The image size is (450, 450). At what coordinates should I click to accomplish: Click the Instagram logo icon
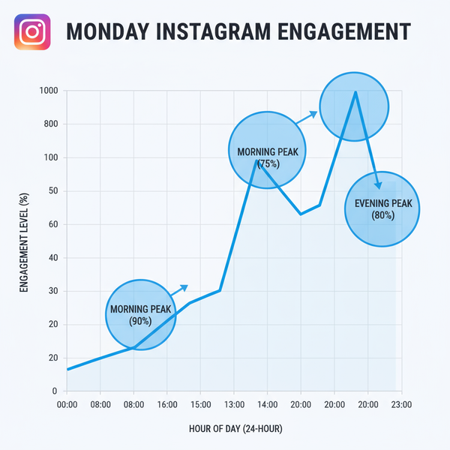31,31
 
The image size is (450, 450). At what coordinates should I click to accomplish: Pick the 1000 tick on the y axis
48,91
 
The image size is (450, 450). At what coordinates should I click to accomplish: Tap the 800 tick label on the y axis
50,124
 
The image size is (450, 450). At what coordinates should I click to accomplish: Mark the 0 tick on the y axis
55,391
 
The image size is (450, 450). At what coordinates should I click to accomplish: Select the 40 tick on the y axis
52,258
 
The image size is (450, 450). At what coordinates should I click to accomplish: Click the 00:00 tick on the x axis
67,405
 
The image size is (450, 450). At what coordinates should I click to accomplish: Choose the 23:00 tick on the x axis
401,405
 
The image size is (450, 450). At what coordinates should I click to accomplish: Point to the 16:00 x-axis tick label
167,405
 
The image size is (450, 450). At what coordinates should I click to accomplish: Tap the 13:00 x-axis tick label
234,405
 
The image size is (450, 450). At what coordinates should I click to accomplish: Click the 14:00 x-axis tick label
267,405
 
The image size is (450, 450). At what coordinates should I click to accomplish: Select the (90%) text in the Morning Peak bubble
140,321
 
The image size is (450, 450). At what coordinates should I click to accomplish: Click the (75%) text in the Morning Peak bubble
268,163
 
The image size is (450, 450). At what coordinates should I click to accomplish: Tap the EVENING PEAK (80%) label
382,209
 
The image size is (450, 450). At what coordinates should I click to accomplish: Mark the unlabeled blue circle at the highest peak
354,106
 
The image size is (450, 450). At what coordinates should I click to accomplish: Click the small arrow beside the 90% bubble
180,289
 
